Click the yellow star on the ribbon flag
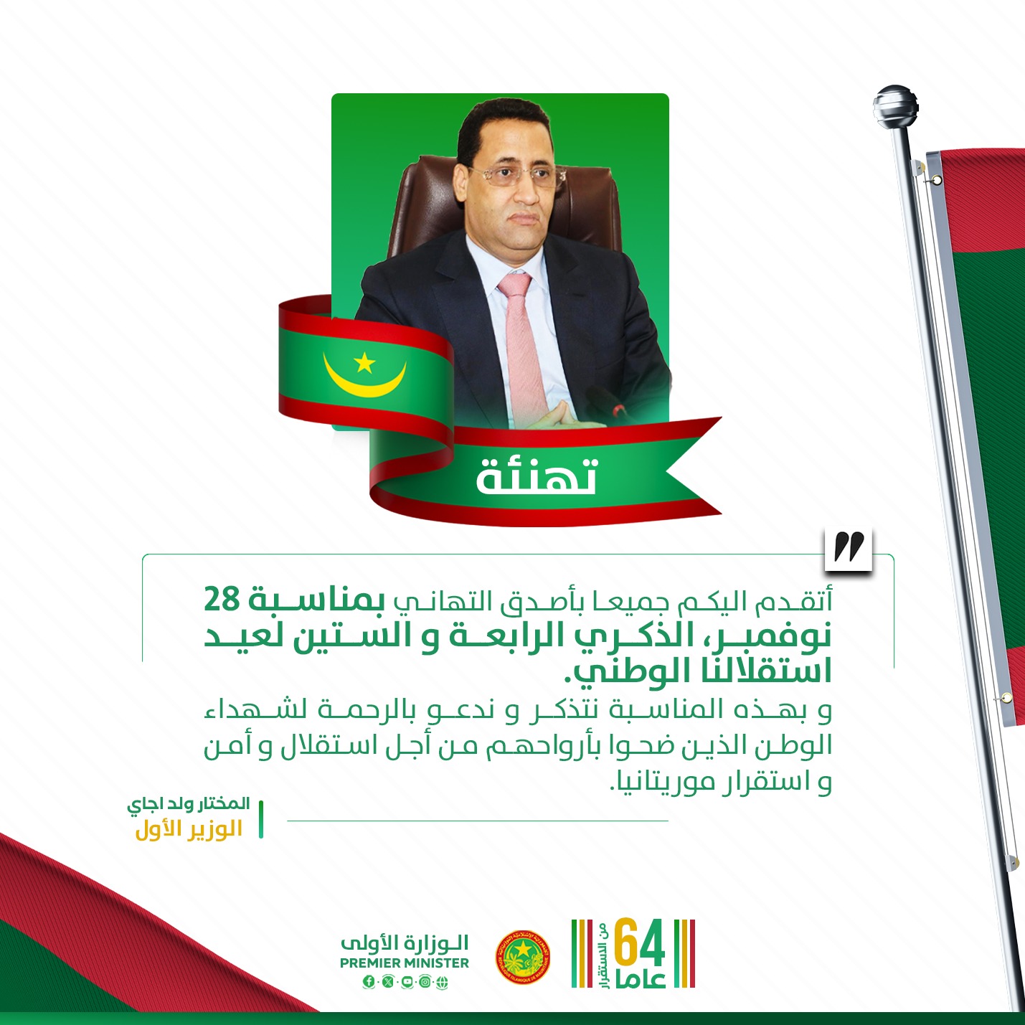point(365,363)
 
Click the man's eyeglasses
point(518,176)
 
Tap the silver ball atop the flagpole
point(896,106)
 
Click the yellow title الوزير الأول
point(189,829)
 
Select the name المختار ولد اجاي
point(189,804)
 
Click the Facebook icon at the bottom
point(368,982)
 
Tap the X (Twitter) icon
point(388,982)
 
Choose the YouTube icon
point(407,982)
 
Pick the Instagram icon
point(425,982)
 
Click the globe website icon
point(443,982)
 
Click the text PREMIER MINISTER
point(405,963)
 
